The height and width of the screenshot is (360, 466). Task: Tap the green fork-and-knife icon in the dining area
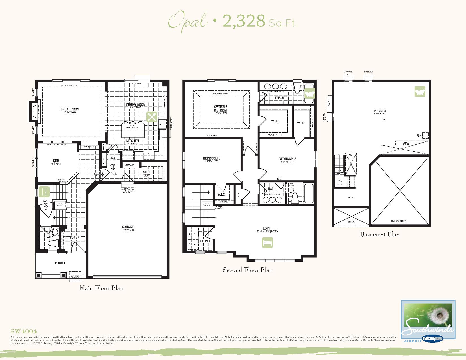pos(152,117)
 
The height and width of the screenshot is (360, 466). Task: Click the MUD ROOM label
pos(146,173)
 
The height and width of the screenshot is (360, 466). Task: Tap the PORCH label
pos(60,263)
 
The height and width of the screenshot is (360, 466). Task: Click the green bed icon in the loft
pos(267,243)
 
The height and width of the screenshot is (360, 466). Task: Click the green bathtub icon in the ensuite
pos(309,93)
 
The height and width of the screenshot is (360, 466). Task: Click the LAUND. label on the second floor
pos(205,241)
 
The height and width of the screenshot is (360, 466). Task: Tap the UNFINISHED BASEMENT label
pos(380,112)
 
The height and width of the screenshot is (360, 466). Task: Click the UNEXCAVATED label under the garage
pos(399,221)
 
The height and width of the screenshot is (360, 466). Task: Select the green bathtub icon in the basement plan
pos(420,91)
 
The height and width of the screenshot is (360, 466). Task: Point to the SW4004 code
pos(23,331)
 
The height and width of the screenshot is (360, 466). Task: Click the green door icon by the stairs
pos(44,192)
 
